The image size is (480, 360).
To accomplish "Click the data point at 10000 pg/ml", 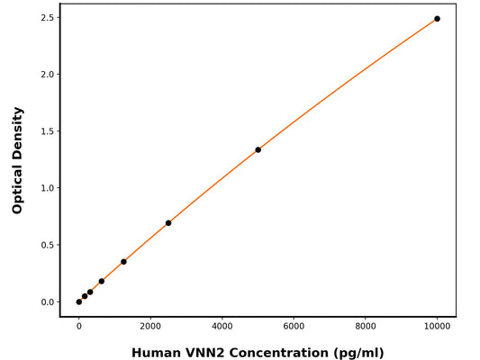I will [x=437, y=19].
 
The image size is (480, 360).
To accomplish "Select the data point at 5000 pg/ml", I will [x=258, y=149].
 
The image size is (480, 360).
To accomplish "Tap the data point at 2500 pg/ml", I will [x=168, y=223].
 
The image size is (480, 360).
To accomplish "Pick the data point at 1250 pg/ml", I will [x=123, y=262].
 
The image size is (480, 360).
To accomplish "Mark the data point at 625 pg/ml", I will [x=101, y=281].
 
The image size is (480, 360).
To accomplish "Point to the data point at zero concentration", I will [x=79, y=301].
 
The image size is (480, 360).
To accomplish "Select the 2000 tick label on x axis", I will [x=150, y=328].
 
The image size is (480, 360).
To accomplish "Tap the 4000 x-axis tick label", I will [x=222, y=328].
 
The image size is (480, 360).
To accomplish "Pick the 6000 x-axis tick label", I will [x=294, y=328].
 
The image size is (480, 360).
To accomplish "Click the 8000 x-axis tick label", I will [x=366, y=328].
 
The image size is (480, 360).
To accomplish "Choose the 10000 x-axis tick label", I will [x=438, y=328].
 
